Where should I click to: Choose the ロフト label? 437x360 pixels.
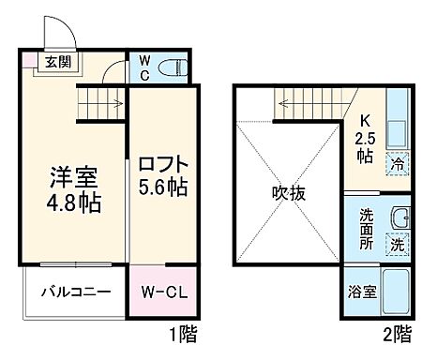point(164,162)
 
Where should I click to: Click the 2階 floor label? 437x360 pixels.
point(395,332)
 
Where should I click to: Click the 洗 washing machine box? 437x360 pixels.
point(397,245)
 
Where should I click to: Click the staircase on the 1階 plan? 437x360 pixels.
point(100,97)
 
